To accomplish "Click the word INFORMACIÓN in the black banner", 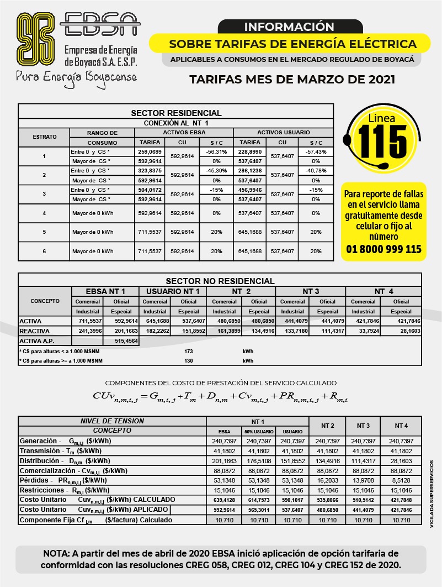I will coord(289,27).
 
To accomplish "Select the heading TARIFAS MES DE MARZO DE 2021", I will coord(292,79).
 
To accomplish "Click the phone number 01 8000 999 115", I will coord(384,249).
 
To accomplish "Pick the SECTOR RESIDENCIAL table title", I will coord(176,113).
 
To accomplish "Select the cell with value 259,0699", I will coord(150,151).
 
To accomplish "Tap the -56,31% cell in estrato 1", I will coord(216,151).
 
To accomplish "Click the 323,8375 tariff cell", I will coord(150,171).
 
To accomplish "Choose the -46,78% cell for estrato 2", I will coord(316,171).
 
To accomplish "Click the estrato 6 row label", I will coord(44,251).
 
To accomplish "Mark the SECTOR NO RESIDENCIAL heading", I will coord(220,281).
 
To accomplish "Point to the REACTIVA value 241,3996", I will coord(88,331).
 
